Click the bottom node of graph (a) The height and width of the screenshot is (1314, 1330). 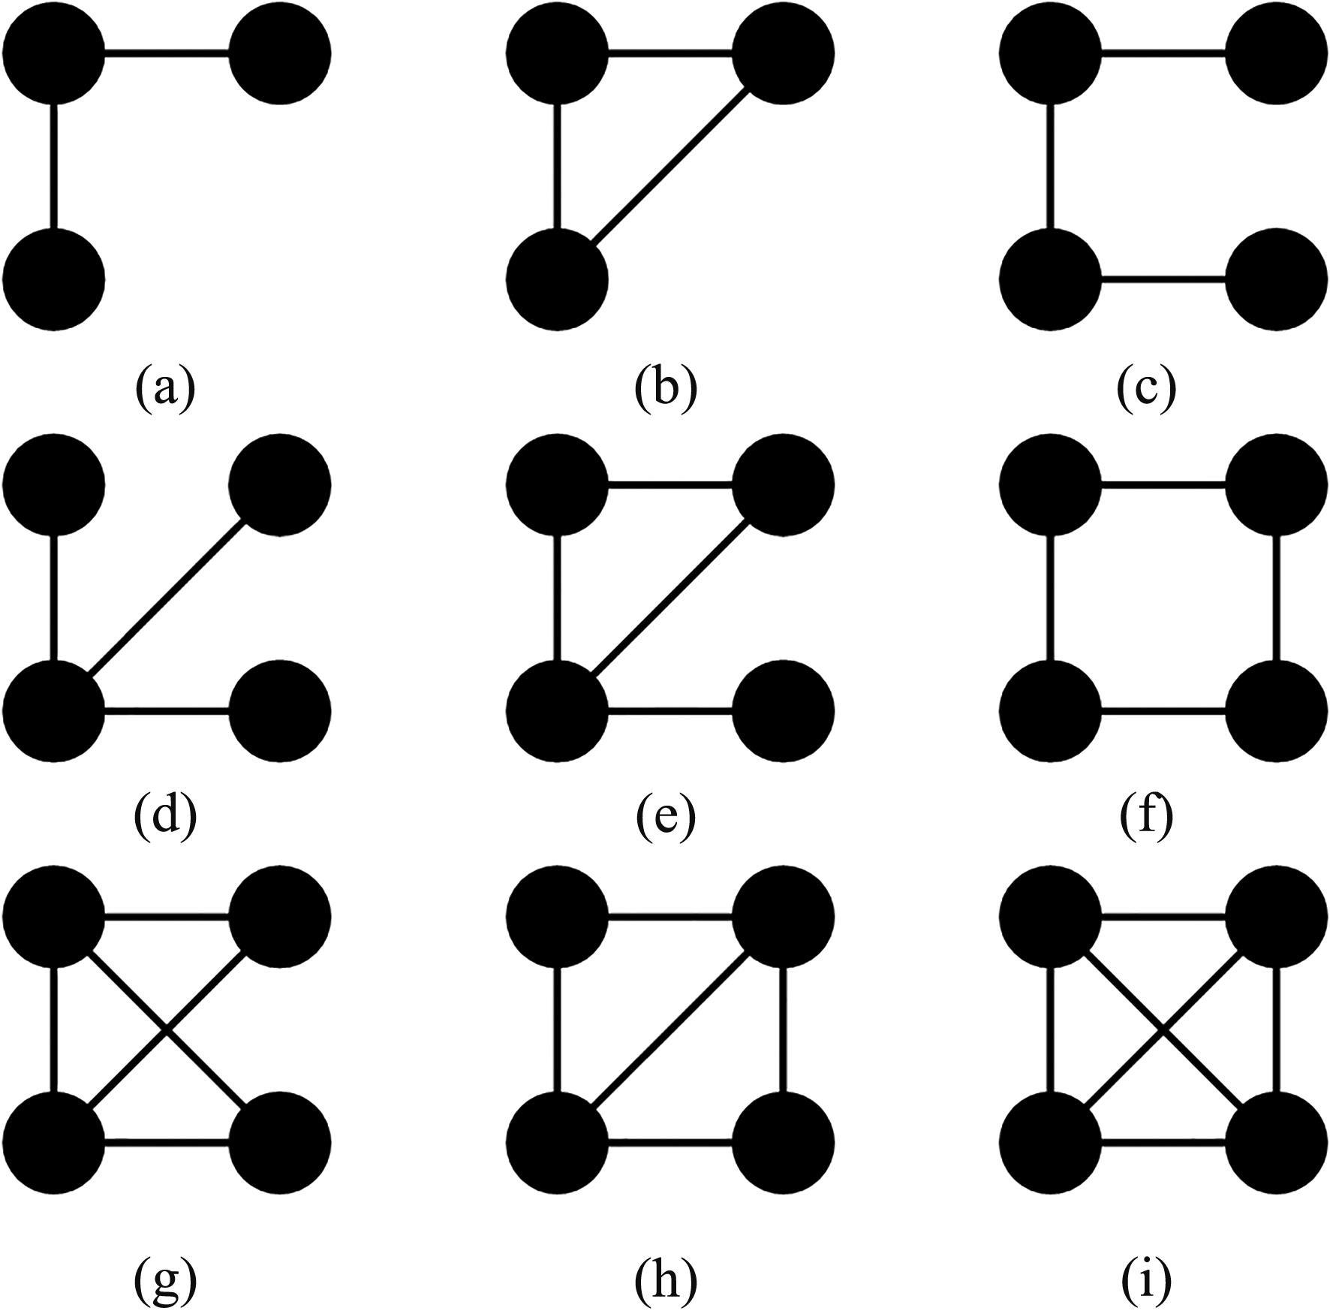click(x=54, y=279)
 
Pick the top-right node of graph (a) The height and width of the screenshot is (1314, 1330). click(x=280, y=53)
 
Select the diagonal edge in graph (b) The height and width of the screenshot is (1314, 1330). click(x=668, y=167)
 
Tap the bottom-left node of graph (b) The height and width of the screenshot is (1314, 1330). click(x=557, y=279)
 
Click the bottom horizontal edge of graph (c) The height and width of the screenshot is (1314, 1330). click(x=1163, y=280)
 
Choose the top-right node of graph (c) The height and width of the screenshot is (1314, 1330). click(x=1277, y=53)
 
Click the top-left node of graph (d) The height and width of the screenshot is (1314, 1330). click(x=54, y=484)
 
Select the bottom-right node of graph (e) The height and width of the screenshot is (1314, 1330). click(x=783, y=710)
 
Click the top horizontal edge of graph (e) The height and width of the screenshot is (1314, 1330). click(x=670, y=485)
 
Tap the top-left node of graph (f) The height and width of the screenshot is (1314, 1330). click(x=1050, y=484)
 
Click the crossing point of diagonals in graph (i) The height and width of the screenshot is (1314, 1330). click(x=1163, y=1029)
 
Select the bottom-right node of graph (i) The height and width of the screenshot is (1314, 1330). click(x=1277, y=1142)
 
